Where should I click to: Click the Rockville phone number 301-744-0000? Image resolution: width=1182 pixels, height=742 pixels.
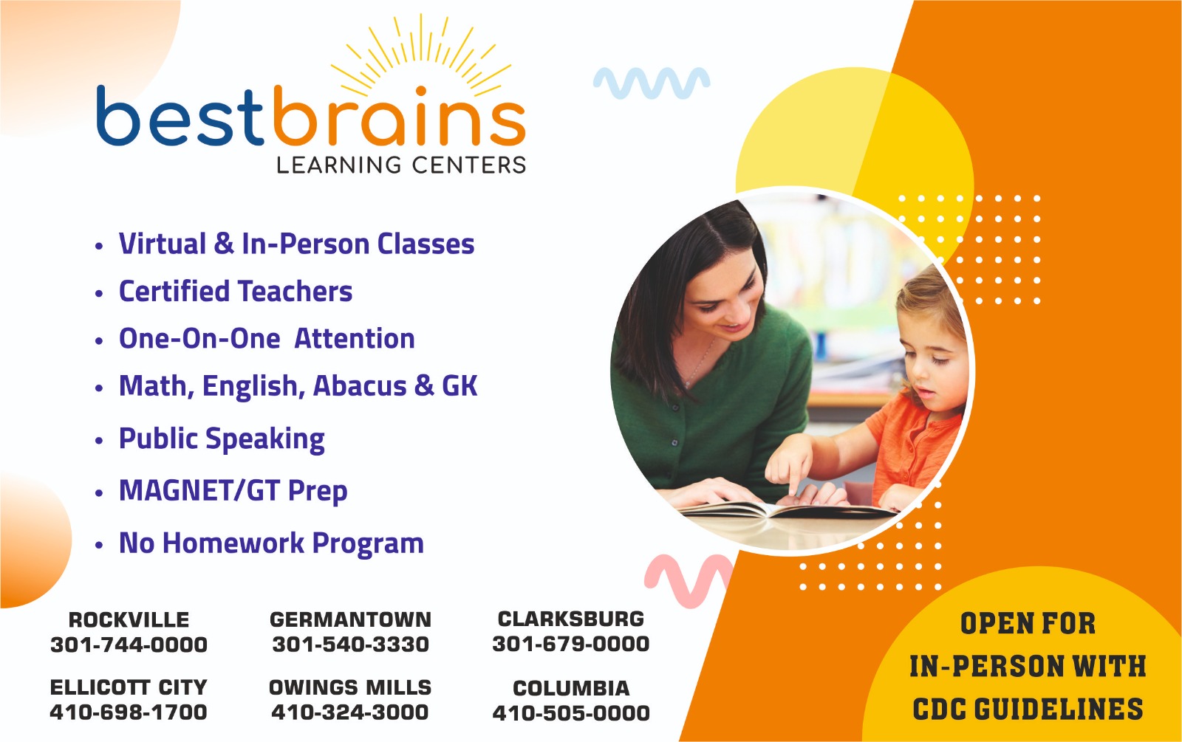click(x=129, y=645)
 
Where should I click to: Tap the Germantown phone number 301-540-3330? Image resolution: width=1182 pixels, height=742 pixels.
click(x=350, y=644)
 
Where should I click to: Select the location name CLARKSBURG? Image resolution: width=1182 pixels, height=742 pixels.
click(x=571, y=619)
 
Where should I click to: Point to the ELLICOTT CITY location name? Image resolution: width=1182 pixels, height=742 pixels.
click(x=129, y=687)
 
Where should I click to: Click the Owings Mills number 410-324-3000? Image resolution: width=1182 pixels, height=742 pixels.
click(x=350, y=712)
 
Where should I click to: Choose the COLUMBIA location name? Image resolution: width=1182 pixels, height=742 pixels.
click(x=571, y=687)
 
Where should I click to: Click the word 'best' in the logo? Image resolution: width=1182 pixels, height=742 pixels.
click(x=180, y=117)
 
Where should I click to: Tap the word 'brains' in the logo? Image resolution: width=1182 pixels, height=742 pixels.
click(x=400, y=115)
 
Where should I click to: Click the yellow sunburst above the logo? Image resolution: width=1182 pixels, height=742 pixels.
click(x=420, y=55)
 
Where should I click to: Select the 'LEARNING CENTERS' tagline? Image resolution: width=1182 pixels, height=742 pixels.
click(x=402, y=165)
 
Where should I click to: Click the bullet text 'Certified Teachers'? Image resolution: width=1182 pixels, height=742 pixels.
click(x=236, y=291)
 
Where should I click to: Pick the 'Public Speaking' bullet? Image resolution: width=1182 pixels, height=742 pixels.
click(x=222, y=439)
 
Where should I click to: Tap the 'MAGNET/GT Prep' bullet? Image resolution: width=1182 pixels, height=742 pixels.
click(x=233, y=491)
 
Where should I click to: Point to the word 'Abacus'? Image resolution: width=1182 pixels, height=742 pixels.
click(x=359, y=385)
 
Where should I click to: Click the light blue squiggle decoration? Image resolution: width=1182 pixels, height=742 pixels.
click(x=652, y=83)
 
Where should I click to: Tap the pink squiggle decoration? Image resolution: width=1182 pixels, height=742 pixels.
click(x=689, y=580)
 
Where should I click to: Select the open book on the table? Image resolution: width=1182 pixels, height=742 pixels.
click(x=786, y=509)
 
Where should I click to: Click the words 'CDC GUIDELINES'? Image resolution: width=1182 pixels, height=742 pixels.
click(x=1028, y=709)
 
